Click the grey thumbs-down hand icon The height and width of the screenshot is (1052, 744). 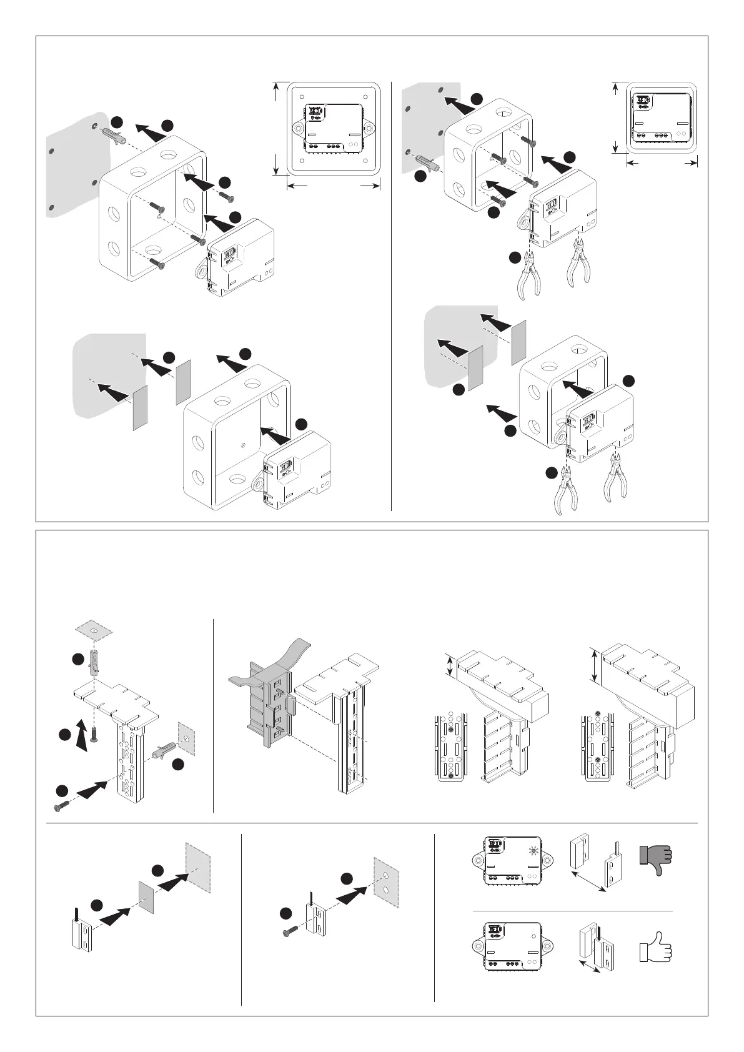(655, 858)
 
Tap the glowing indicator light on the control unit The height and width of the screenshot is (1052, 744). (532, 850)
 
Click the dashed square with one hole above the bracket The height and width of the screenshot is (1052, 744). (93, 631)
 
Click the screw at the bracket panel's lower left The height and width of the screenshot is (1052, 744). (61, 806)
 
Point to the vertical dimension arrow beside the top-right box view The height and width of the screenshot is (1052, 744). (616, 117)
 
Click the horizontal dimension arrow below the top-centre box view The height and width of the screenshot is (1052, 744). (334, 186)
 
